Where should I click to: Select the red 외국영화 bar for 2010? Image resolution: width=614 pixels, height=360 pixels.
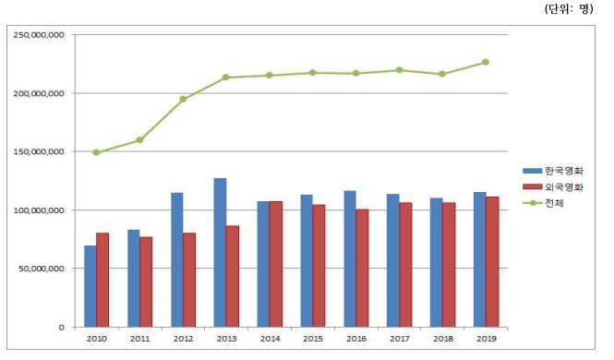click(x=102, y=280)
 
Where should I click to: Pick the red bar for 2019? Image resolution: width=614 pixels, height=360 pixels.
click(x=493, y=261)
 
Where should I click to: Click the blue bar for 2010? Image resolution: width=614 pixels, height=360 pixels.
click(x=90, y=286)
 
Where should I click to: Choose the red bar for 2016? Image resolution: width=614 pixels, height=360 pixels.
click(x=363, y=268)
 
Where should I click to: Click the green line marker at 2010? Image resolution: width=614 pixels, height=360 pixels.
click(x=96, y=152)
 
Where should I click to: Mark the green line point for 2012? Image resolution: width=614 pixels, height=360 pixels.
click(x=183, y=99)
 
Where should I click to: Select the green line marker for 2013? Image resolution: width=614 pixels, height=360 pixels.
click(x=226, y=78)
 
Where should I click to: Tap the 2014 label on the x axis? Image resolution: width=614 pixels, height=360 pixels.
click(x=269, y=340)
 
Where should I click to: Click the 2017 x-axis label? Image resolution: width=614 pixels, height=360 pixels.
click(x=399, y=340)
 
